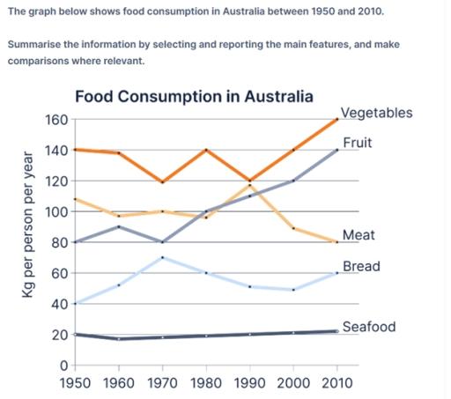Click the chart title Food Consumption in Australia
[x=194, y=96]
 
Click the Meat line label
[x=358, y=235]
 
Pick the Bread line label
[x=360, y=265]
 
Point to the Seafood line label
[x=368, y=327]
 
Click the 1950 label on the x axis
[x=74, y=383]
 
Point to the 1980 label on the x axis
[x=206, y=383]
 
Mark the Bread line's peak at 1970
[x=162, y=257]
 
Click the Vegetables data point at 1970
[x=162, y=182]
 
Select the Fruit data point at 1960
[x=118, y=226]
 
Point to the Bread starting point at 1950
[x=74, y=304]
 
